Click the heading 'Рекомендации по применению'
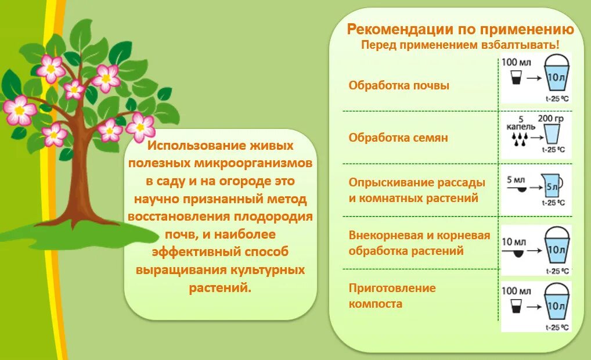pyautogui.click(x=460, y=30)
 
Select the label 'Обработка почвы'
pyautogui.click(x=399, y=85)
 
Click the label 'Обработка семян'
pyautogui.click(x=398, y=138)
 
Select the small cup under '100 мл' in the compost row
pyautogui.click(x=515, y=305)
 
